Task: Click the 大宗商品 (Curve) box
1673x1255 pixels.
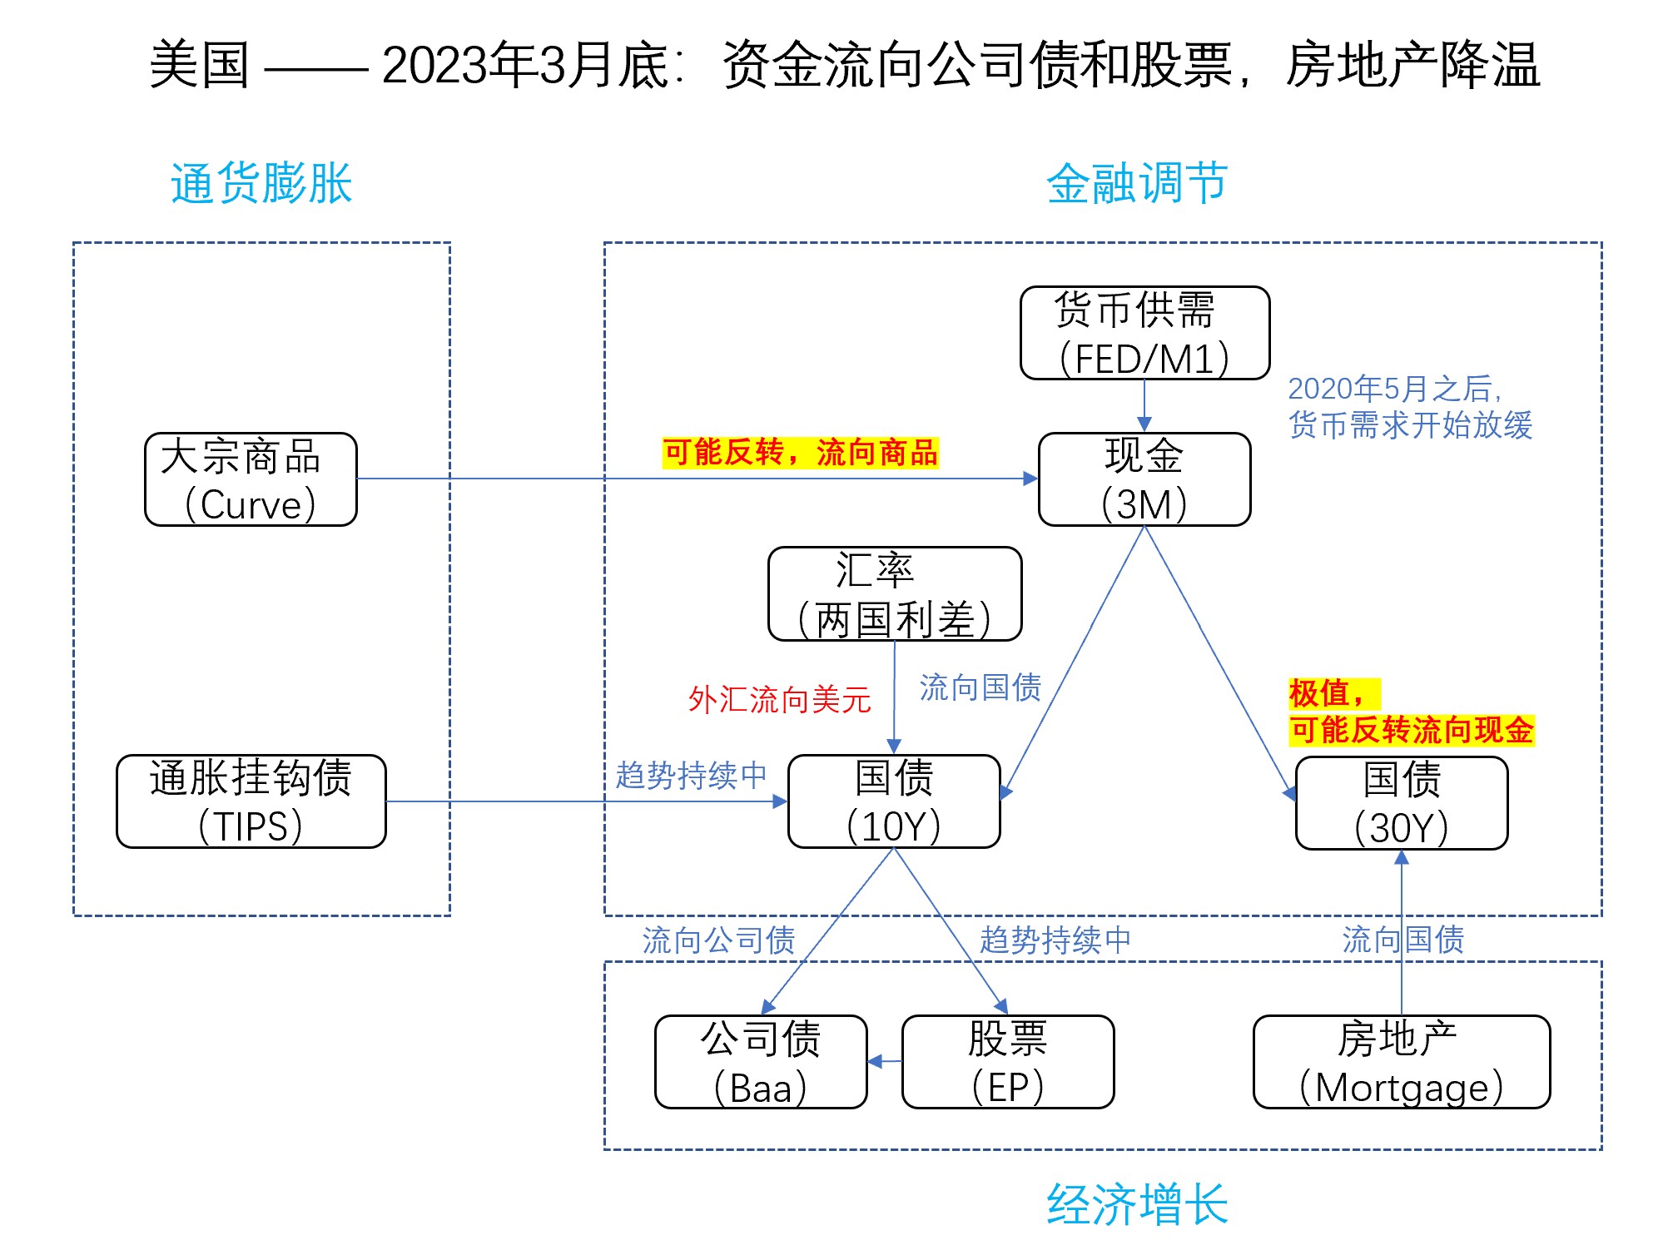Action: point(251,479)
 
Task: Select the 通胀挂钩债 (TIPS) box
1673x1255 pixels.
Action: point(251,801)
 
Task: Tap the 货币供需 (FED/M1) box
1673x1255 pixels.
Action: point(1144,333)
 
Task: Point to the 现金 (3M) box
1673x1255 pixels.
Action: point(1144,479)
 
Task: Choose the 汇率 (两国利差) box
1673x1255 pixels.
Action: point(895,593)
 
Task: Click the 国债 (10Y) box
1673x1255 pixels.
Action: point(894,801)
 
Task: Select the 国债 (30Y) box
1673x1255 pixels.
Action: point(1402,803)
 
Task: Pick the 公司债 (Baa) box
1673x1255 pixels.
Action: point(761,1062)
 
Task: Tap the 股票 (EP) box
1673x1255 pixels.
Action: point(1008,1062)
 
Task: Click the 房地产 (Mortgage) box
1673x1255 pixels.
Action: point(1402,1062)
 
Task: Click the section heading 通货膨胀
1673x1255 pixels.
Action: point(261,183)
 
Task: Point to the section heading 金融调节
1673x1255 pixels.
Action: point(1137,183)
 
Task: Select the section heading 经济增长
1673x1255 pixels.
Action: point(1137,1203)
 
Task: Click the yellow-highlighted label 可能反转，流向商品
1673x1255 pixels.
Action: point(800,453)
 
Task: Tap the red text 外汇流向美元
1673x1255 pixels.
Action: point(779,699)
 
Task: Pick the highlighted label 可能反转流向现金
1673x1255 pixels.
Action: point(1412,730)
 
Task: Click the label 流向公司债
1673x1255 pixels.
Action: point(718,940)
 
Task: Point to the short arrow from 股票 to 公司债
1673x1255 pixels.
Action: point(885,1061)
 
